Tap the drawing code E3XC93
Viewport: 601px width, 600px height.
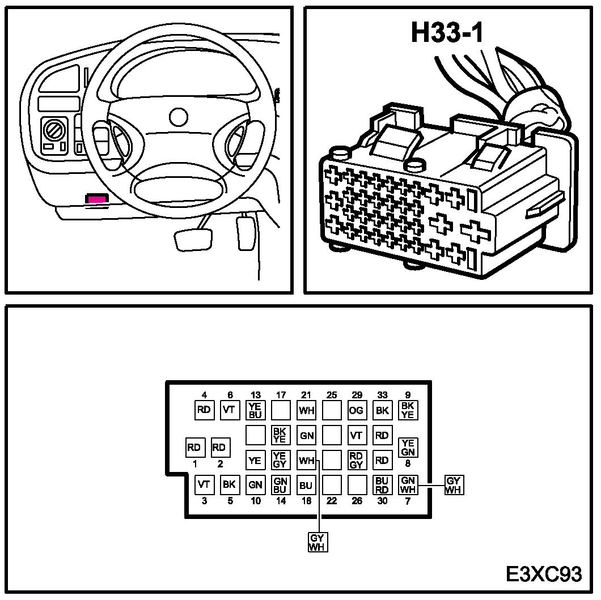pos(544,573)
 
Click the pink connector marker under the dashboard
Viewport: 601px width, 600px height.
pos(97,198)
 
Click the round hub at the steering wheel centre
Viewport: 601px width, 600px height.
pos(179,117)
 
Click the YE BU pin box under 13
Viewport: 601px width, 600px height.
pos(255,410)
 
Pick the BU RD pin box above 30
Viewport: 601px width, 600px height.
pos(382,485)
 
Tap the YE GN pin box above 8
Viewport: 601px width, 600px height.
pos(408,447)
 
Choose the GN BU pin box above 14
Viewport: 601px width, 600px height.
pos(280,485)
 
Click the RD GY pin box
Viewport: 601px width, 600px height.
pos(356,460)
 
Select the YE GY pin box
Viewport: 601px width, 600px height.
pos(280,460)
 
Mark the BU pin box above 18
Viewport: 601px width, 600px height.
pos(306,485)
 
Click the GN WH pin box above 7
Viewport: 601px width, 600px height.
pos(408,485)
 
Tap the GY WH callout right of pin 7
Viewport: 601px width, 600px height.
pos(454,485)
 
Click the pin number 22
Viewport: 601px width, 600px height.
pos(332,501)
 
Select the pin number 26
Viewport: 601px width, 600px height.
pos(357,501)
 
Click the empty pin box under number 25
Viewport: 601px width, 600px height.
pos(332,410)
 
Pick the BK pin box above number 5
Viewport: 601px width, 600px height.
pos(230,485)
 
